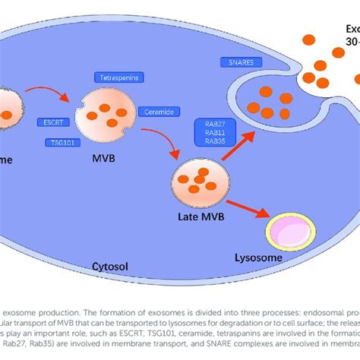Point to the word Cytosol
tap(106, 267)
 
